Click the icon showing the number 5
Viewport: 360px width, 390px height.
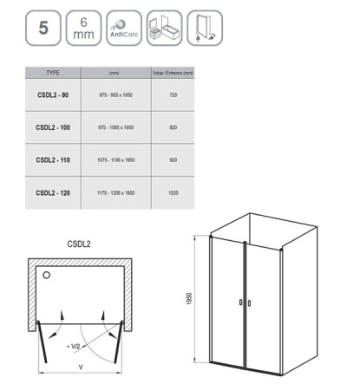pos(43,28)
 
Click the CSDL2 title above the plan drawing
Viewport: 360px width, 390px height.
pos(81,244)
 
